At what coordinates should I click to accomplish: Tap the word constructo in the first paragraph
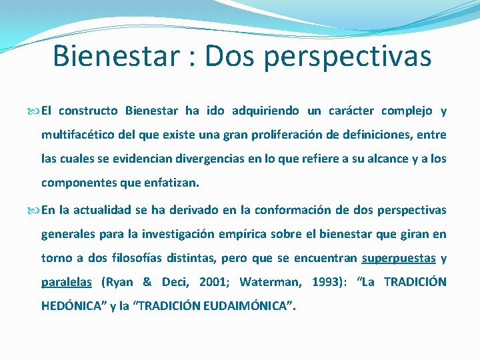[x=90, y=111]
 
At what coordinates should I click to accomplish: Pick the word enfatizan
[x=170, y=183]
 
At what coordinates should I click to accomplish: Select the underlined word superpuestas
[x=399, y=258]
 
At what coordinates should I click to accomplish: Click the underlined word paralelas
[x=67, y=282]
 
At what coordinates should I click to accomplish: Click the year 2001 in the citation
[x=209, y=282]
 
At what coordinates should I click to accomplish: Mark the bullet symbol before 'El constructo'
[x=35, y=111]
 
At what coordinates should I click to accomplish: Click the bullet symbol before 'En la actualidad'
[x=35, y=211]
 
